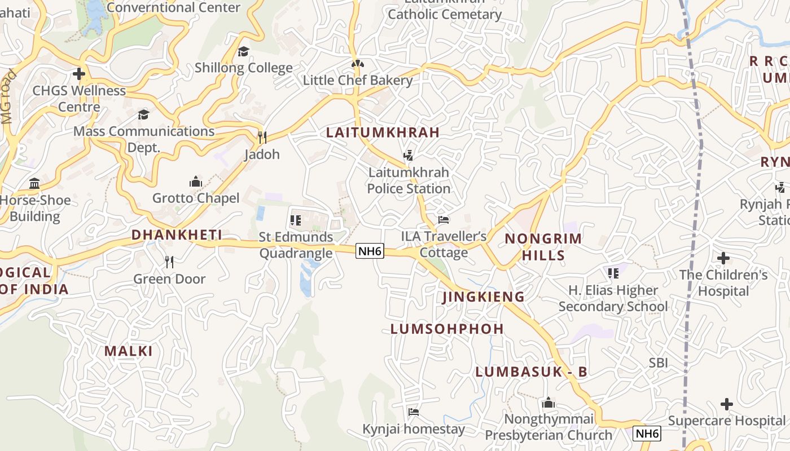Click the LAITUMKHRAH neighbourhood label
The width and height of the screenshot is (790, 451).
pos(383,132)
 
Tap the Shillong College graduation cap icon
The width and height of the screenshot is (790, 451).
pos(243,51)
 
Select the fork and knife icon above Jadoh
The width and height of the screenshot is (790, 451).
pos(262,137)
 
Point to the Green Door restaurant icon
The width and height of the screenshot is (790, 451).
pos(169,262)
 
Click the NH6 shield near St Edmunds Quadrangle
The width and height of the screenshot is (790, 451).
pos(370,251)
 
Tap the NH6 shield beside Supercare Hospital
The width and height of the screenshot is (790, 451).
pos(647,434)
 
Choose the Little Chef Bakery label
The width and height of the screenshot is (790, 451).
pos(358,80)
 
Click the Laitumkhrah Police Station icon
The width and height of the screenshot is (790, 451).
pos(408,155)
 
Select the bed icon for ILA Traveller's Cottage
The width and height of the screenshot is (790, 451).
pos(444,219)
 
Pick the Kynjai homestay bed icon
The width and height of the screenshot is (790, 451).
pos(414,412)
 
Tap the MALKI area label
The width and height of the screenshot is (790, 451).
pos(129,351)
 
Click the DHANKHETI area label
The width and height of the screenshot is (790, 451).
pos(177,235)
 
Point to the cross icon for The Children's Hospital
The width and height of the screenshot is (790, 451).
pos(723,258)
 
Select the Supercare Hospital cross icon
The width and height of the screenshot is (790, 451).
pos(727,404)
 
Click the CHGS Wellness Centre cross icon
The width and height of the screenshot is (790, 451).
pos(79,74)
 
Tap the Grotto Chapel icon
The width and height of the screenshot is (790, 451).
pos(196,182)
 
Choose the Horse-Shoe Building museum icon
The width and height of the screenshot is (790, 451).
pos(34,183)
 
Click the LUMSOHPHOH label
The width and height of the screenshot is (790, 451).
pos(447,329)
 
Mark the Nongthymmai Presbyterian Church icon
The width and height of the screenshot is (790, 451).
pos(548,403)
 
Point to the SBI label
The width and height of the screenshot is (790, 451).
pos(658,362)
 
